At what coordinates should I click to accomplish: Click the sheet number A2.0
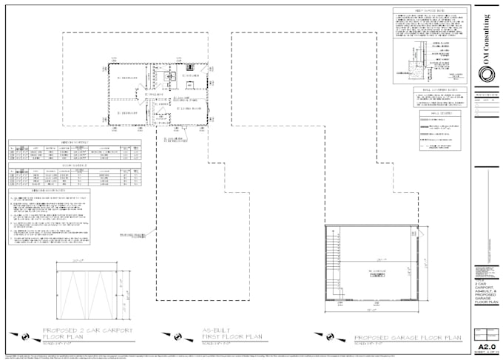(486, 345)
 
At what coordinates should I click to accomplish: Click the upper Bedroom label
(127, 76)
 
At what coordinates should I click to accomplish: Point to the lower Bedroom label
(127, 112)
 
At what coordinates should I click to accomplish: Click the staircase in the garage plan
(335, 263)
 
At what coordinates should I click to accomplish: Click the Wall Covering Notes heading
(439, 89)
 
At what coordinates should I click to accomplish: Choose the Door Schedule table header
(74, 166)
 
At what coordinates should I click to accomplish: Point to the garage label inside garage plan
(379, 272)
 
